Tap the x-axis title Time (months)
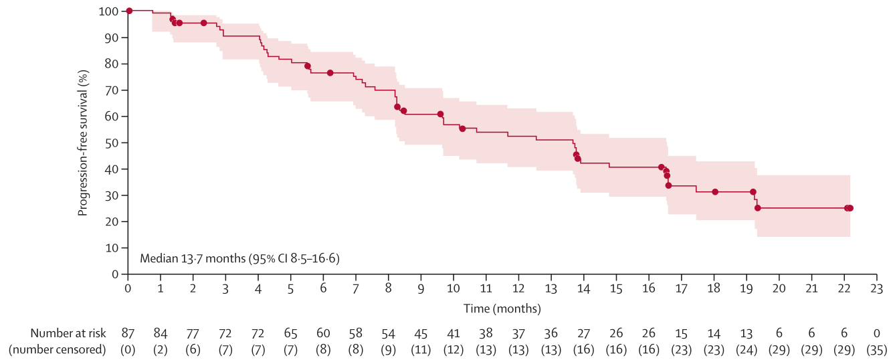502,308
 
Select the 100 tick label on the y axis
108,11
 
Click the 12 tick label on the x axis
518,288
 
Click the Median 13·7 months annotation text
239,258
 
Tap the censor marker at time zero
129,11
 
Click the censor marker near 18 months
715,192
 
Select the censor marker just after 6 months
330,72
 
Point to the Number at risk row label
68,333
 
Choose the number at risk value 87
128,333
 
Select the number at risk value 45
421,333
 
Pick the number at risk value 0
877,333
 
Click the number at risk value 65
290,333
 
